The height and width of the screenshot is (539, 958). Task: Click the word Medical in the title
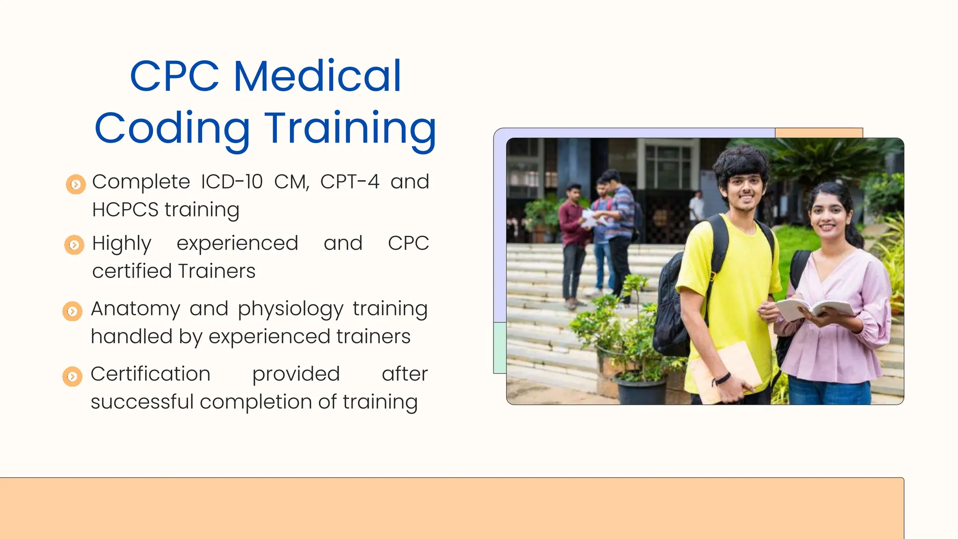[317, 76]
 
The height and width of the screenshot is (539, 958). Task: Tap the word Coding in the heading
[172, 128]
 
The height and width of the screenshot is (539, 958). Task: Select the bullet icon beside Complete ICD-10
[75, 184]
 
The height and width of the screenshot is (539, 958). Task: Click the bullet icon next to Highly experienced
[74, 245]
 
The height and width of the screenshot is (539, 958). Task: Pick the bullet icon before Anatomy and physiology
[73, 311]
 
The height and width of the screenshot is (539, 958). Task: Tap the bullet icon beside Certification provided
[72, 376]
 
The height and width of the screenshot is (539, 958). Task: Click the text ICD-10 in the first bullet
[232, 182]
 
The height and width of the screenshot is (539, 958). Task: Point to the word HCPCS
[125, 210]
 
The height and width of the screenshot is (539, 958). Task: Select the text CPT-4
[349, 182]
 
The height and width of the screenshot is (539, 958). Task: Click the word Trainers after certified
[217, 271]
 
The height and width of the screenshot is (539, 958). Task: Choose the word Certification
[150, 374]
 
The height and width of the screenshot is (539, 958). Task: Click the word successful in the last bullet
[142, 402]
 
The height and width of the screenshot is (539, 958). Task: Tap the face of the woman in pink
[829, 217]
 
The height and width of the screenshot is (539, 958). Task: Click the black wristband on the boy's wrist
[723, 378]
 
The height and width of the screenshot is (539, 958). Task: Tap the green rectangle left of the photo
[500, 348]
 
